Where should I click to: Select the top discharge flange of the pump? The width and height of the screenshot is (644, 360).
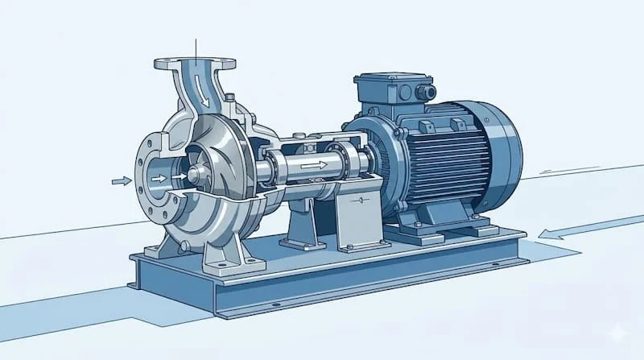pos(195,62)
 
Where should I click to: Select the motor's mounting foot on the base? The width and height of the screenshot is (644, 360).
pos(419,234)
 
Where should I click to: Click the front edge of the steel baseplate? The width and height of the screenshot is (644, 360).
pos(322,294)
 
